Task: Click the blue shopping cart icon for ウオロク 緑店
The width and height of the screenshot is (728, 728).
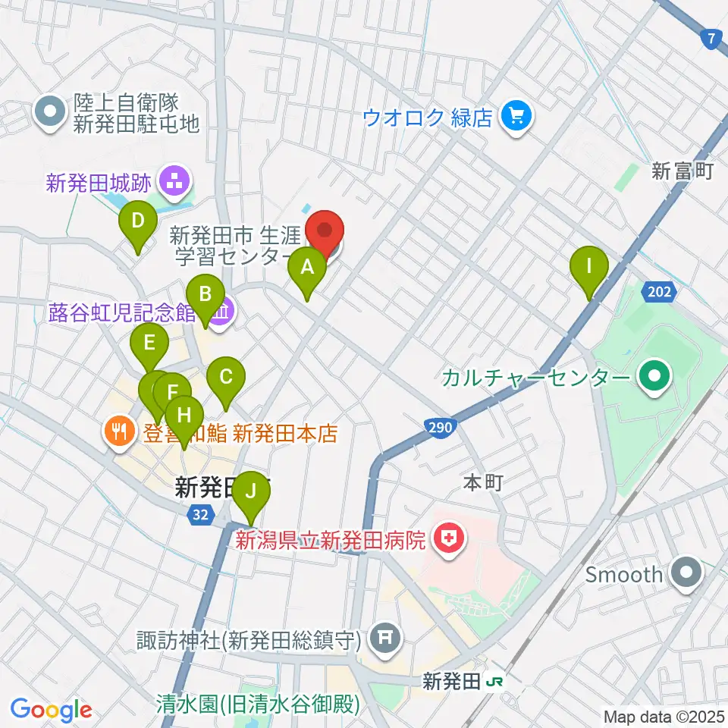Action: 518,117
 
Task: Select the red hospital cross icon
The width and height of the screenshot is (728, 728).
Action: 448,541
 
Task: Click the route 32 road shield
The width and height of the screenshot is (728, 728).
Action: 199,515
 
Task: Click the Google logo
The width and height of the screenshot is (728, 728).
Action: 51,710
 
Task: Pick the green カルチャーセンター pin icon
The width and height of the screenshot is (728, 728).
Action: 651,377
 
